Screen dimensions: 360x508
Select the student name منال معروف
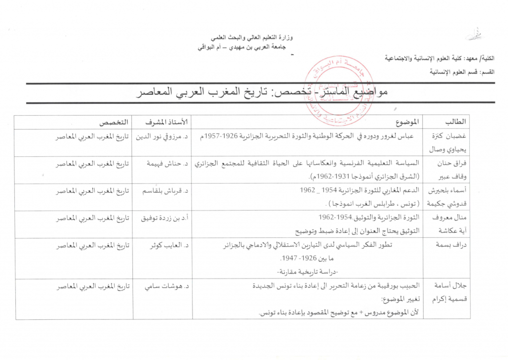pyautogui.click(x=449, y=218)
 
